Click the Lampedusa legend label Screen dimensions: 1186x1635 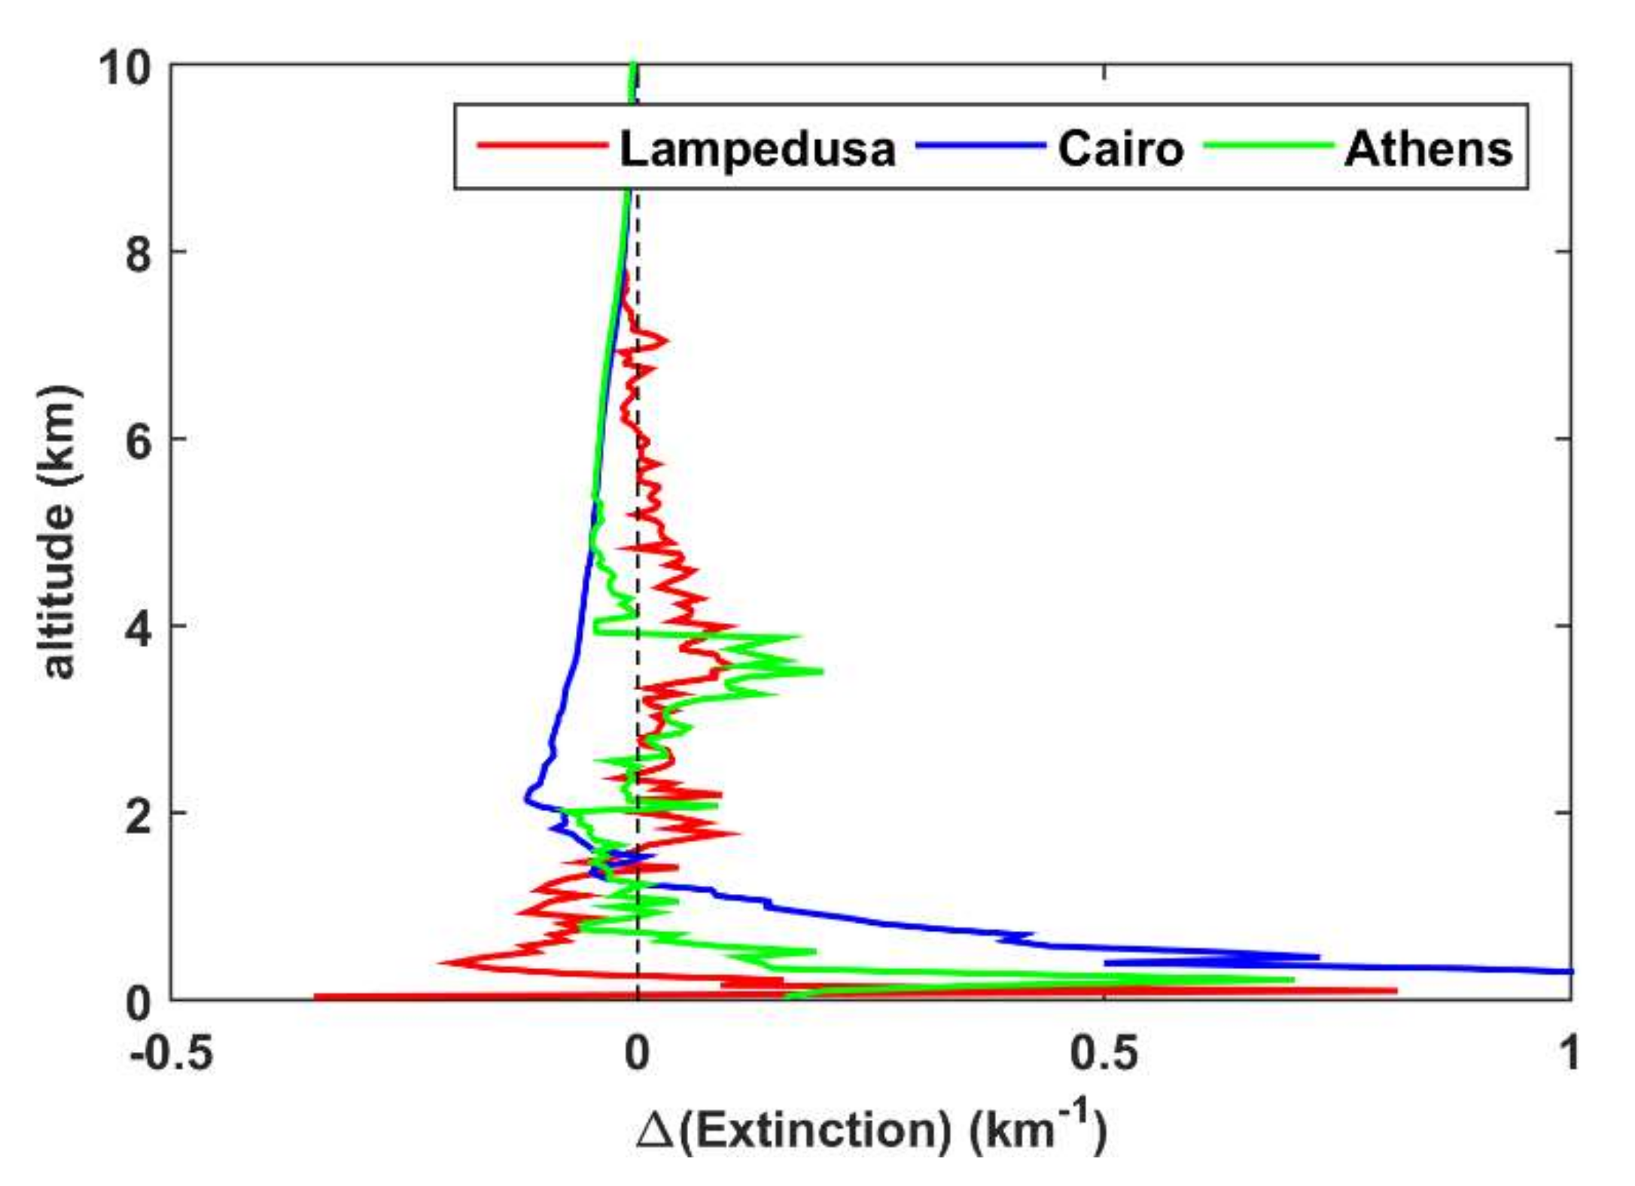click(757, 149)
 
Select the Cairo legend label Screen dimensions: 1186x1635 click(1120, 149)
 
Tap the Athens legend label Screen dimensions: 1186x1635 click(1428, 149)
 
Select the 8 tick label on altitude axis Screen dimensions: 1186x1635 click(139, 254)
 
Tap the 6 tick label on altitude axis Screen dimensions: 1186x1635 click(139, 441)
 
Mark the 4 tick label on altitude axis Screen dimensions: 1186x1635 click(139, 628)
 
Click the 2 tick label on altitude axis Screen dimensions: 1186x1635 click(139, 816)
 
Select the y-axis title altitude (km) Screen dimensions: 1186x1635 click(59, 533)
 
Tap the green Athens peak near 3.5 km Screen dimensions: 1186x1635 click(821, 671)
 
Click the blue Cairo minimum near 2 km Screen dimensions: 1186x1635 click(527, 796)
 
